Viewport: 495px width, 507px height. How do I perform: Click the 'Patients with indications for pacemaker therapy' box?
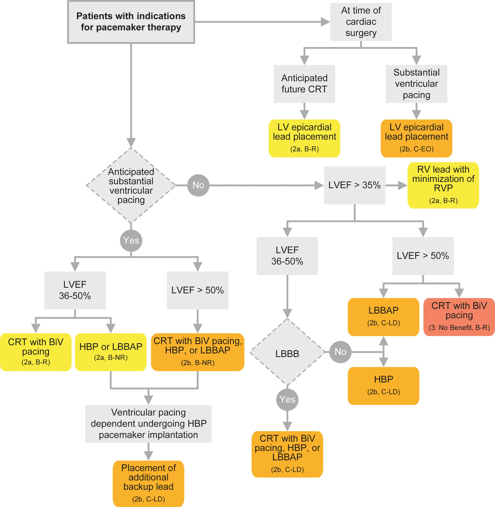tap(131, 22)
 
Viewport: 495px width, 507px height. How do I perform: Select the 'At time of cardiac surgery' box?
tap(361, 22)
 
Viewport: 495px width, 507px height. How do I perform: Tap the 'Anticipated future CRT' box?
tap(304, 84)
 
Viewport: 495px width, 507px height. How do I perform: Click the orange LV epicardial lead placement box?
tap(416, 138)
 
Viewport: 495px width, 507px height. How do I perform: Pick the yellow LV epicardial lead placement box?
tap(304, 138)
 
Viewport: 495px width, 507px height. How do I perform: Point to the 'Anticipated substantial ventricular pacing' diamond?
tap(131, 185)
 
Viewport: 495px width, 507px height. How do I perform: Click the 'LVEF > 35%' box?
tap(354, 185)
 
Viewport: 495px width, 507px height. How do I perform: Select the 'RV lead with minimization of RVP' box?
tap(443, 185)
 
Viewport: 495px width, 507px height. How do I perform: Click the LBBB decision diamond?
tap(287, 354)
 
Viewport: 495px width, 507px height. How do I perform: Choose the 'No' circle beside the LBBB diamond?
tap(340, 352)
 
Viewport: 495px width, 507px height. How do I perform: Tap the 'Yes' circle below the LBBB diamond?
tap(287, 400)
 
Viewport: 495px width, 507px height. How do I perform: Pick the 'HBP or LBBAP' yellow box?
tap(111, 352)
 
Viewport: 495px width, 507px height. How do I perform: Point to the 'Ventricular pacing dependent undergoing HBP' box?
tap(148, 424)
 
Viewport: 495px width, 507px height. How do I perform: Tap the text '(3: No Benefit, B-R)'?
tap(459, 328)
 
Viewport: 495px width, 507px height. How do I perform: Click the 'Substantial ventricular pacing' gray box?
tap(416, 84)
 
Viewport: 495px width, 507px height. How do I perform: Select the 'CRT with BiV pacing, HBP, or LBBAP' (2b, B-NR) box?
tap(198, 352)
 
